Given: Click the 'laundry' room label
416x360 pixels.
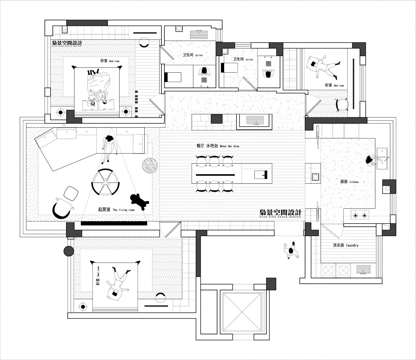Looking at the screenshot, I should (346, 245).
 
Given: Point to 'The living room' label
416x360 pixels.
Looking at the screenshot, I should (116, 209).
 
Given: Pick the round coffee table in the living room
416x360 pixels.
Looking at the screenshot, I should (105, 182).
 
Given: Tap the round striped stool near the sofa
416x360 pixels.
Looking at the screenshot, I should (150, 165).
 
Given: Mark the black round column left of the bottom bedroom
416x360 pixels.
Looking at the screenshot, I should (69, 251).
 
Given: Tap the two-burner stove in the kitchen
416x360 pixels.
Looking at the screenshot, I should (360, 216).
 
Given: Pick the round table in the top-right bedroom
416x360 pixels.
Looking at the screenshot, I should (342, 104).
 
